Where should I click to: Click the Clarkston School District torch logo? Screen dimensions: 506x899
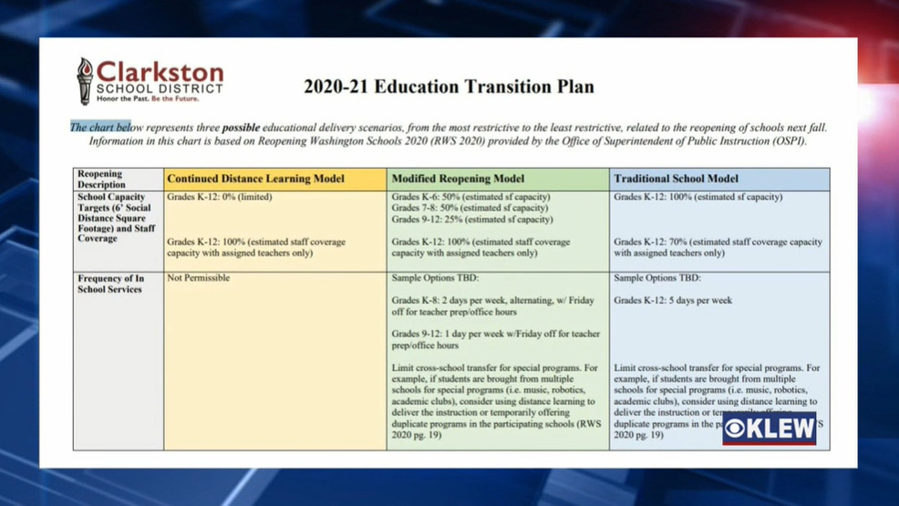pyautogui.click(x=85, y=80)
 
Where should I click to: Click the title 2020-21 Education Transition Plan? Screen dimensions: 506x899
pyautogui.click(x=449, y=88)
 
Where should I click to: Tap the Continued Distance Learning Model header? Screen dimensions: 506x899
pyautogui.click(x=255, y=179)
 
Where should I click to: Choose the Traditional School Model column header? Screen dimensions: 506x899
pyautogui.click(x=676, y=179)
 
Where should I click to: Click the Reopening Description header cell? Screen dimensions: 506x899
pyautogui.click(x=100, y=179)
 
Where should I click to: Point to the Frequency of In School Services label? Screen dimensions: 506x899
pyautogui.click(x=110, y=284)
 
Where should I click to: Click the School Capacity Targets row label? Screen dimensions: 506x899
pyautogui.click(x=116, y=218)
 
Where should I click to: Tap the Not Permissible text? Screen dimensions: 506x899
pyautogui.click(x=199, y=278)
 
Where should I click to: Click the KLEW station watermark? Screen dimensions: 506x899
pyautogui.click(x=769, y=429)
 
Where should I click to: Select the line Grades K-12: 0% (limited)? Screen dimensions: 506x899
pyautogui.click(x=220, y=197)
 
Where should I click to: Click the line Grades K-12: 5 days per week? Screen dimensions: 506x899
pyautogui.click(x=660, y=300)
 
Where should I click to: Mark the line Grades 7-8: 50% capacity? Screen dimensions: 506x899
pyautogui.click(x=470, y=208)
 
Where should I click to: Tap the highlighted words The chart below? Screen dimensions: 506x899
pyautogui.click(x=101, y=128)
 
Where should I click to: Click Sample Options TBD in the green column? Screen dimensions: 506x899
pyautogui.click(x=433, y=278)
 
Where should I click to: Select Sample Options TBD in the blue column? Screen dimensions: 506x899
pyautogui.click(x=656, y=278)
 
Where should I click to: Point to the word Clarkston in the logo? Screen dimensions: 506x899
pyautogui.click(x=160, y=72)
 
